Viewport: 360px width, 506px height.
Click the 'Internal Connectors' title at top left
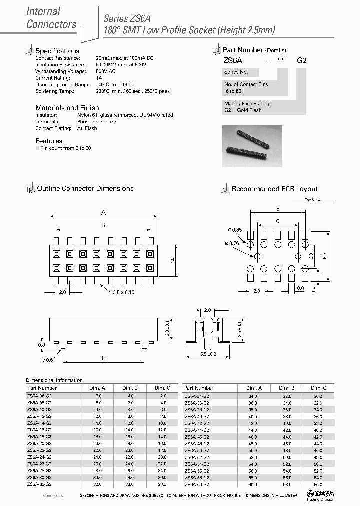[x=51, y=18]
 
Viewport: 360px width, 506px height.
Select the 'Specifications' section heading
[x=57, y=51]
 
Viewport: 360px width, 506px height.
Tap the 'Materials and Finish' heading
[x=67, y=108]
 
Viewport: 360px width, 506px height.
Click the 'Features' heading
[x=49, y=141]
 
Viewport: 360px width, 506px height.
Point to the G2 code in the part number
[x=302, y=60]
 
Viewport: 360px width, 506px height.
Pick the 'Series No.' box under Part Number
[x=236, y=72]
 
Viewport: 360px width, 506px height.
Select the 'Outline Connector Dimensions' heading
[x=85, y=188]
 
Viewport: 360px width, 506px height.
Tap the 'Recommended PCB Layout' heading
[x=274, y=189]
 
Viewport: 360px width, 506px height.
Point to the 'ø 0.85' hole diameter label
[x=235, y=230]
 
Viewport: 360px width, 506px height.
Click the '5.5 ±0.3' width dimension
[x=207, y=354]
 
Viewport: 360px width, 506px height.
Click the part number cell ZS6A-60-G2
[x=197, y=484]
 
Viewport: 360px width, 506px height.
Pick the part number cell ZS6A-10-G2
[x=39, y=409]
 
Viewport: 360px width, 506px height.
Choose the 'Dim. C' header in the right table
[x=318, y=388]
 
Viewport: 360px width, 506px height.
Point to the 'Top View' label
[x=312, y=200]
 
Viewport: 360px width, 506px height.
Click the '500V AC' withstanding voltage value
[x=106, y=71]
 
